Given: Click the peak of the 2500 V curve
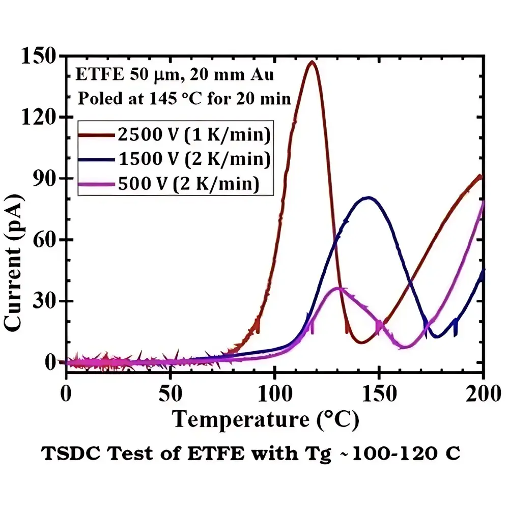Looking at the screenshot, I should click(312, 62).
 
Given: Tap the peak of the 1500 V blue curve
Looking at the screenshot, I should click(367, 197).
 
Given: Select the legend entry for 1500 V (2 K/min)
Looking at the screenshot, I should click(173, 159).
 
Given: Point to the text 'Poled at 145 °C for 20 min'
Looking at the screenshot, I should click(183, 98).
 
